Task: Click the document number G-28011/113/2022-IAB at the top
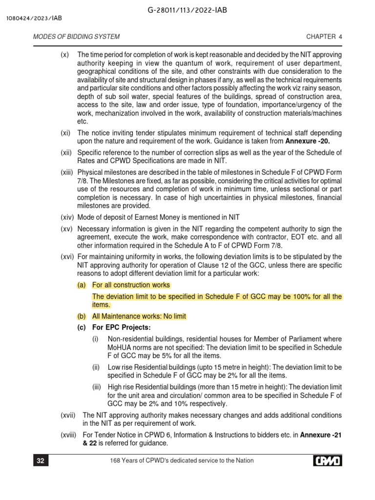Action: (x=187, y=10)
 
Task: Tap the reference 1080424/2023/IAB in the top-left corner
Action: (x=34, y=19)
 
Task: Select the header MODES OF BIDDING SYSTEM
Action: (x=76, y=37)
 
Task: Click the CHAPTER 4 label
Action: (x=324, y=37)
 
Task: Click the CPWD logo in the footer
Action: (x=327, y=460)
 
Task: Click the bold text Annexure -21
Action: (x=321, y=435)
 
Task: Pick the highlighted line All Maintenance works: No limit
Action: (x=139, y=316)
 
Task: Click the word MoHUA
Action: (x=119, y=347)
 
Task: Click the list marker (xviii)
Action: (x=69, y=435)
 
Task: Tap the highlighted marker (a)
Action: (x=82, y=285)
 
